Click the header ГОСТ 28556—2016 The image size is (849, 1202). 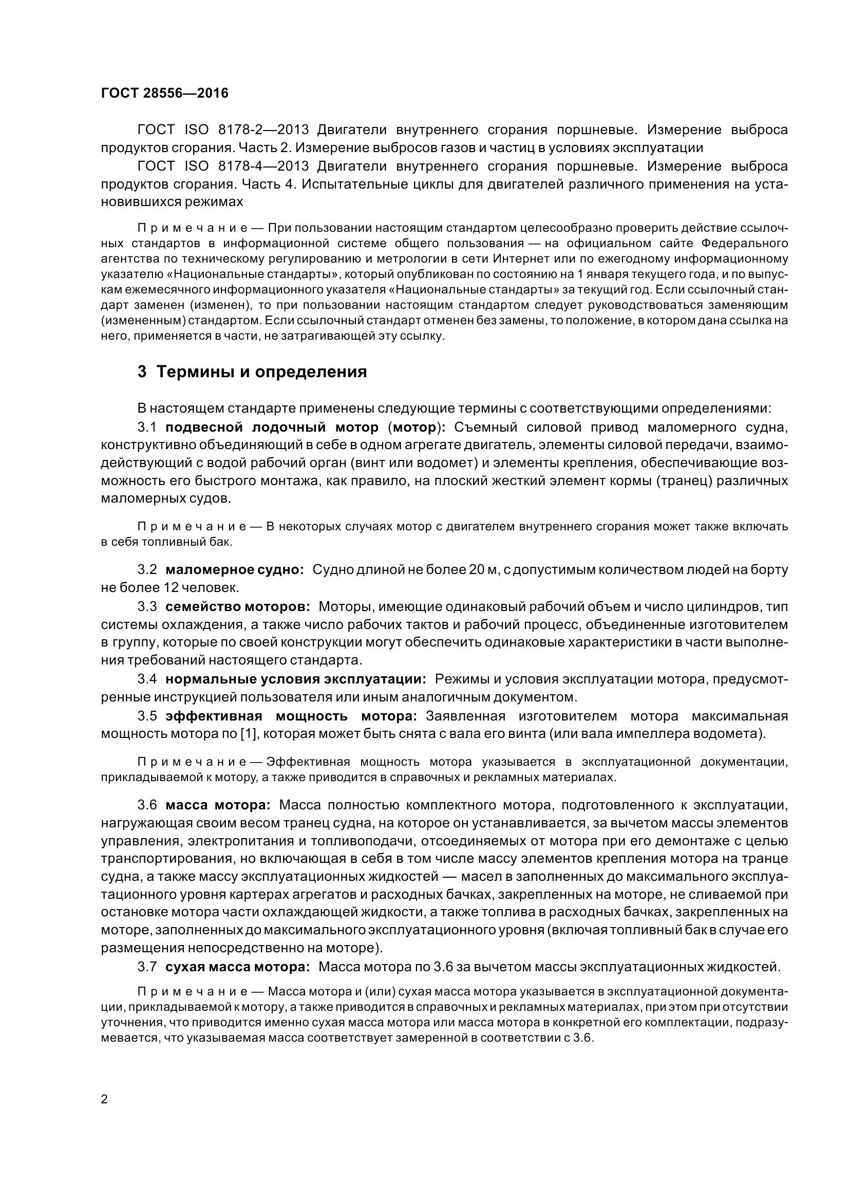click(165, 94)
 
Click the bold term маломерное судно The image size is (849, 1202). click(235, 569)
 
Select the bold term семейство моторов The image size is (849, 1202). click(238, 607)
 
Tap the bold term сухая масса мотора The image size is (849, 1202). click(238, 967)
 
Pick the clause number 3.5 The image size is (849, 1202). click(147, 716)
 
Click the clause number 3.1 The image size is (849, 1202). click(147, 427)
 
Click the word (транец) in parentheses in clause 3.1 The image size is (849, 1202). click(684, 480)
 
